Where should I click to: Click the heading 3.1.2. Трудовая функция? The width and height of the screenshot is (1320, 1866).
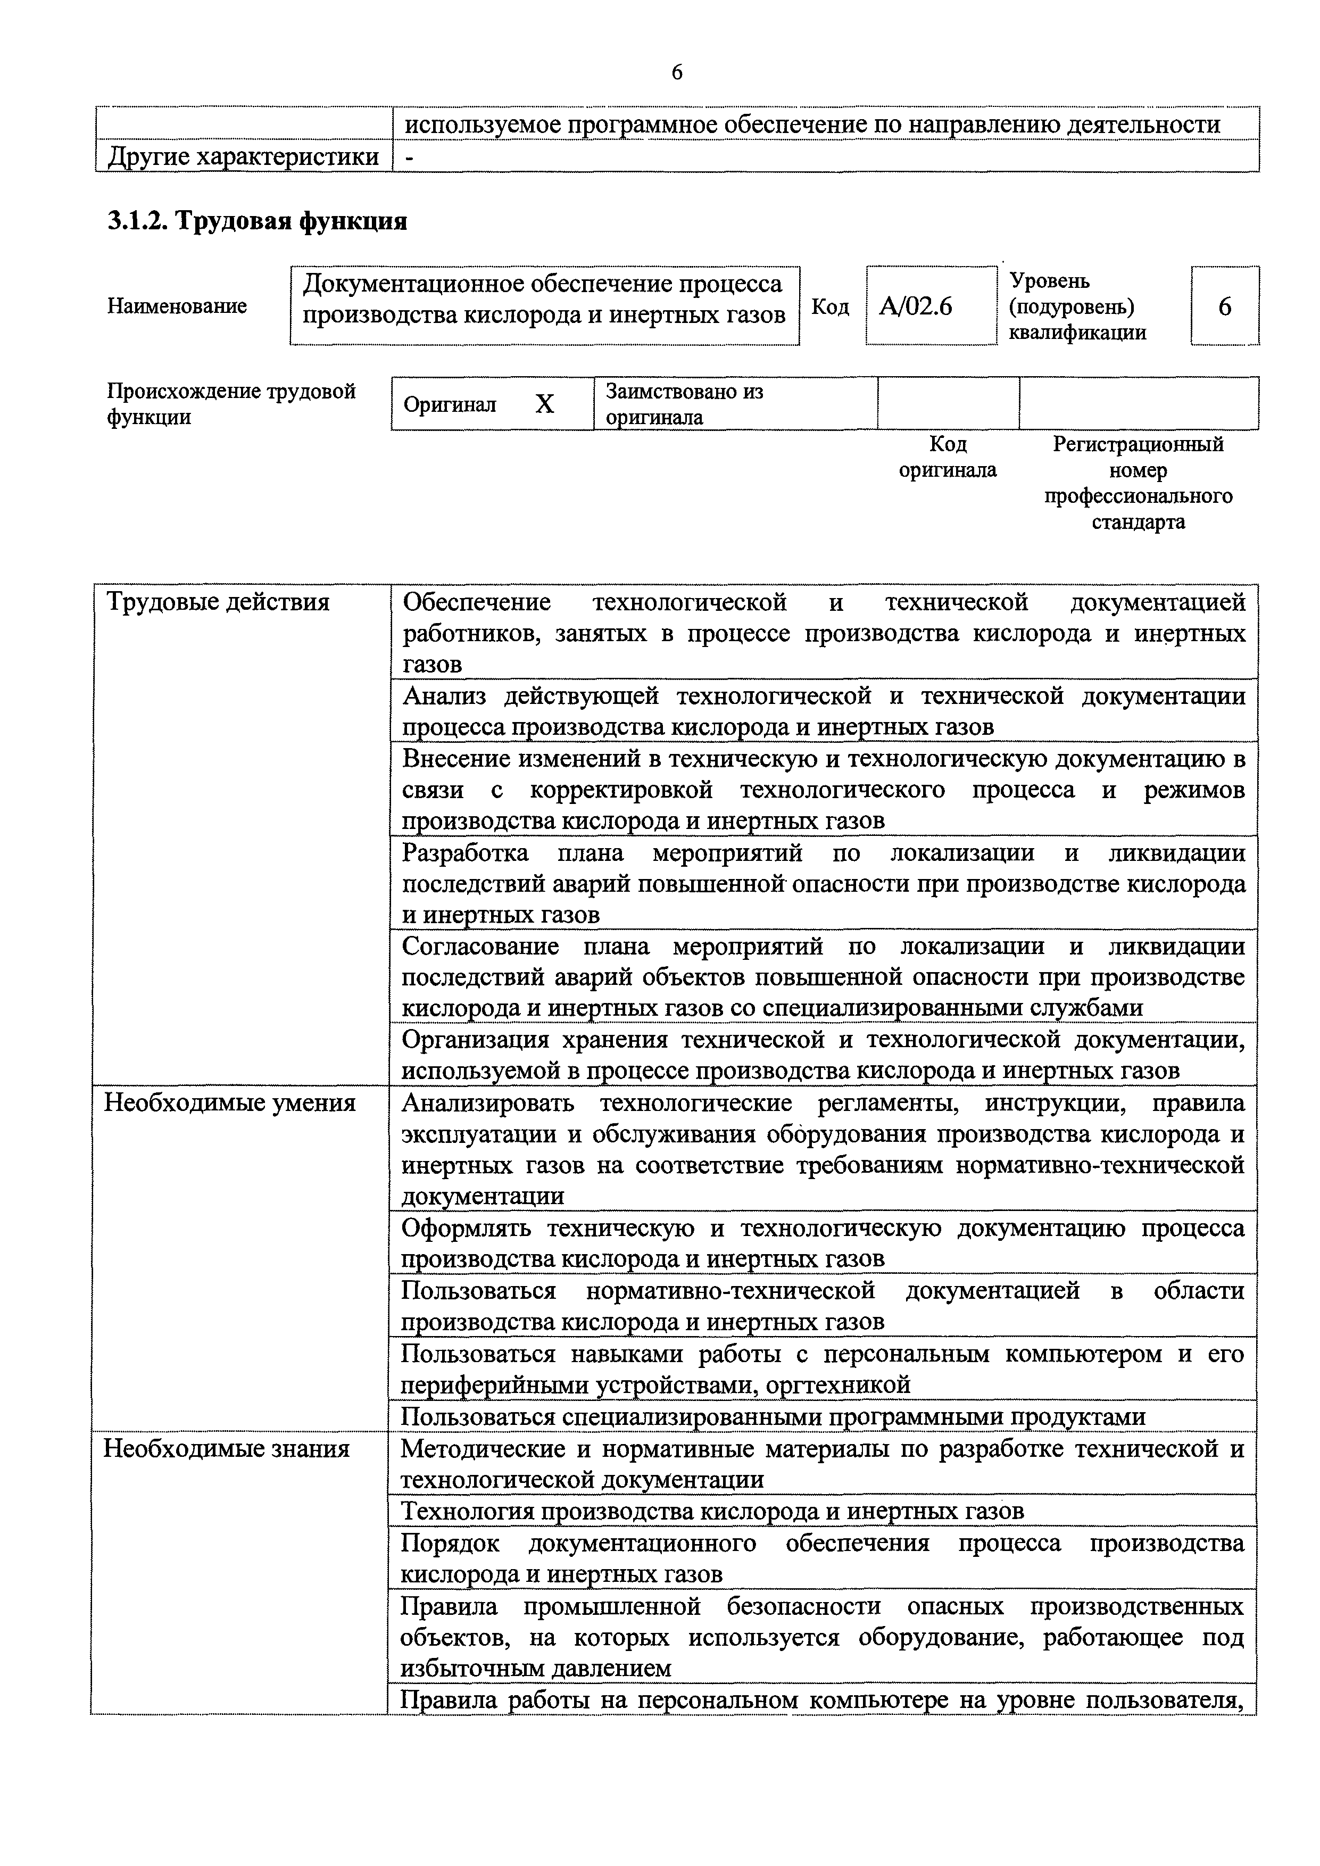click(257, 220)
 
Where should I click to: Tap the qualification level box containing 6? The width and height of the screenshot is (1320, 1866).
click(1224, 306)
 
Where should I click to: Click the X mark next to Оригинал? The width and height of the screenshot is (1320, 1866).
click(545, 404)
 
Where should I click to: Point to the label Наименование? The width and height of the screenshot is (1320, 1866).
click(177, 306)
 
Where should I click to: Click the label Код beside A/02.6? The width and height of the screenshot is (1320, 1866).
click(830, 306)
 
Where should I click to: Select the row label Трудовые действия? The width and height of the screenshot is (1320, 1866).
click(218, 602)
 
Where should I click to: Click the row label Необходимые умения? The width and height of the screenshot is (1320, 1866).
click(230, 1103)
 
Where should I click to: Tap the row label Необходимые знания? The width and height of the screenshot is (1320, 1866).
click(226, 1449)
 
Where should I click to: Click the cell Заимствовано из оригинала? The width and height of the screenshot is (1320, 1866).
click(684, 404)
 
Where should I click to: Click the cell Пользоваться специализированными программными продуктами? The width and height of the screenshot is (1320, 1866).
click(773, 1416)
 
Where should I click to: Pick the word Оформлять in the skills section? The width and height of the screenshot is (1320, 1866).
click(467, 1228)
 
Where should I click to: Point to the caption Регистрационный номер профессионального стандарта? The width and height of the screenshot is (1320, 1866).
click(1138, 483)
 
